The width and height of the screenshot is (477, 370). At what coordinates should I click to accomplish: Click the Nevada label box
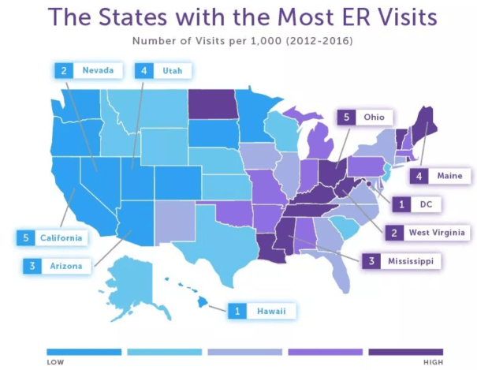[89, 71]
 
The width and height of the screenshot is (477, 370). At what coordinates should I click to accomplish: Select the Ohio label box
[365, 117]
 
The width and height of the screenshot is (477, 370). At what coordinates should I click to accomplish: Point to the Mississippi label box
[397, 260]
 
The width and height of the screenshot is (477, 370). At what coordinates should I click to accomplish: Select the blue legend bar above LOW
[83, 351]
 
